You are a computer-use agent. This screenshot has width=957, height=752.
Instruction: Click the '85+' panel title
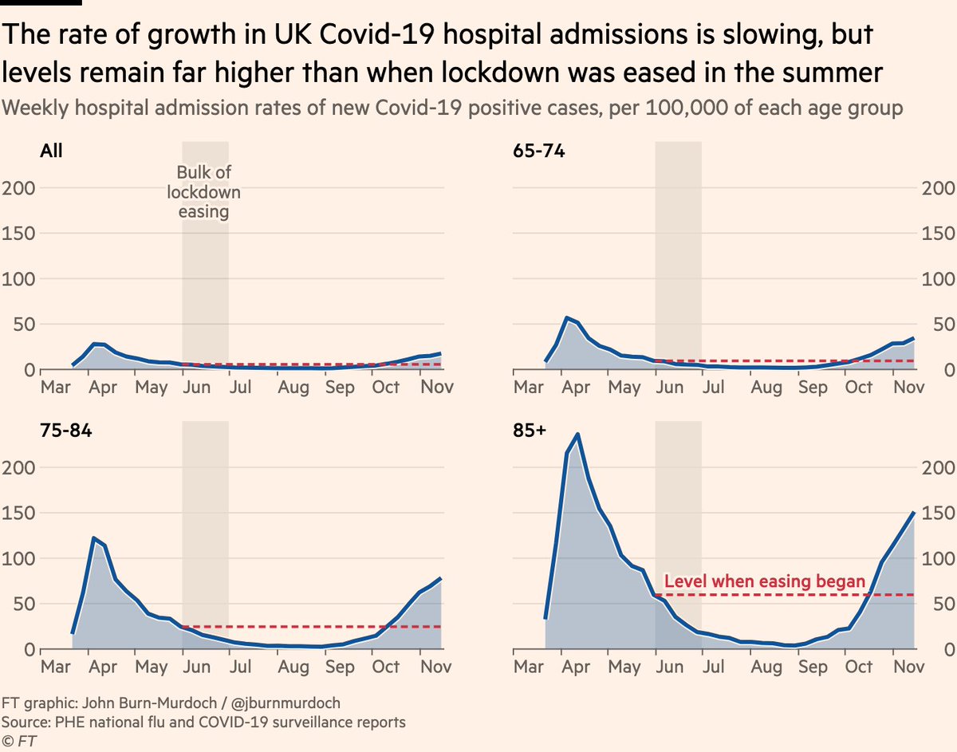[530, 431]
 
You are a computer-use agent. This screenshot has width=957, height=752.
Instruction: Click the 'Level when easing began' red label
[764, 581]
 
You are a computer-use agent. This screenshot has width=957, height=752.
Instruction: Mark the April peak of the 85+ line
[577, 435]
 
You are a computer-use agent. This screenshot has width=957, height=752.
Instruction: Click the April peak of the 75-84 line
[94, 538]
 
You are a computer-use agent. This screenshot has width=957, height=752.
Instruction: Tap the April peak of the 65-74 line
[566, 318]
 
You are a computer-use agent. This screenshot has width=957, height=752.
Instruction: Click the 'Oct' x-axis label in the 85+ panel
[860, 667]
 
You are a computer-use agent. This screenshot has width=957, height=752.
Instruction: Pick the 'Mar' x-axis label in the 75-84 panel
[56, 667]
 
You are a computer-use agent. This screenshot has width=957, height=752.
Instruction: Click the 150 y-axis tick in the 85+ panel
[938, 513]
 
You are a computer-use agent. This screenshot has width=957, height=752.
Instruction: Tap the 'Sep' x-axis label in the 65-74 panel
[813, 388]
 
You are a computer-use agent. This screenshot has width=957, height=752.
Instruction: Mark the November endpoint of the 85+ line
[914, 513]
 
